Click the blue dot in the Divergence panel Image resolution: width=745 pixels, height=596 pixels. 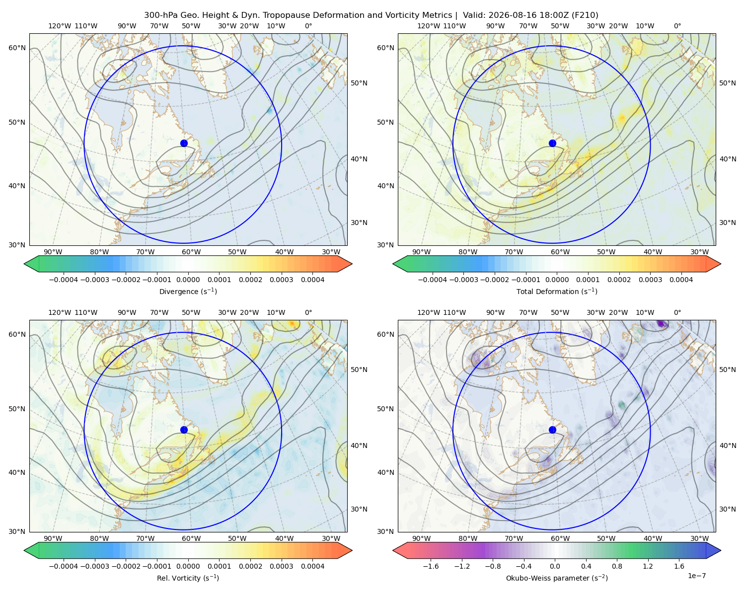[x=184, y=144]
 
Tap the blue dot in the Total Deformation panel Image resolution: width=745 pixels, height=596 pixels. [x=552, y=144]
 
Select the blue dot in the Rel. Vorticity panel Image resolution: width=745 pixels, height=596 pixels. [x=184, y=430]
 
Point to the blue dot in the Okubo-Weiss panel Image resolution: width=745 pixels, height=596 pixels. [x=552, y=430]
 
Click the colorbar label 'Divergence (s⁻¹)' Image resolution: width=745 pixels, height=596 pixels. [x=188, y=292]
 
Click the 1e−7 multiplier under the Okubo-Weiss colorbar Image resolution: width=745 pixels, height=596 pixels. [x=696, y=576]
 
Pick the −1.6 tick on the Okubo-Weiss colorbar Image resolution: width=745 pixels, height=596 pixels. [x=431, y=566]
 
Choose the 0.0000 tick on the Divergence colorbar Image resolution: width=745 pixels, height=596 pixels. [x=188, y=280]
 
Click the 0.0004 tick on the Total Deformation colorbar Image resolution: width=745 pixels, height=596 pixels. [x=681, y=280]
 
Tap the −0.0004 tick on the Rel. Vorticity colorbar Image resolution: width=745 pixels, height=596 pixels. [x=64, y=566]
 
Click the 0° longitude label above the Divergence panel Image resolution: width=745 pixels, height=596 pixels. [x=308, y=26]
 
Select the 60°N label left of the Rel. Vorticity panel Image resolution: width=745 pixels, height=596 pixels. [x=17, y=335]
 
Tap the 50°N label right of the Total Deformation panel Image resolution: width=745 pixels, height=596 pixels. [x=728, y=83]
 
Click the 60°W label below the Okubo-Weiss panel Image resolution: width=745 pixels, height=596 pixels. [x=560, y=538]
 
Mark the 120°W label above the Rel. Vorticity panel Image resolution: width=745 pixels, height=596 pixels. [x=60, y=312]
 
